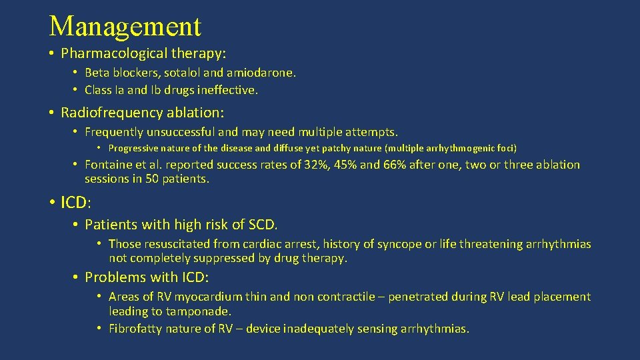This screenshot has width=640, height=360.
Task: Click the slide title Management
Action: coord(125,27)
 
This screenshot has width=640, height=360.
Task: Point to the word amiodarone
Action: coord(261,73)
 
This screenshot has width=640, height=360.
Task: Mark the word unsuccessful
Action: coord(188,133)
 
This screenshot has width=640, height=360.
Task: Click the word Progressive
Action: coord(136,148)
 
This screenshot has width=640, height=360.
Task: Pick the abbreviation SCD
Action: coord(263,225)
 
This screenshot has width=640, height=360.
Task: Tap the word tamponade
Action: coord(198,311)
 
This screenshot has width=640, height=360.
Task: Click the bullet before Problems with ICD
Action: coord(77,277)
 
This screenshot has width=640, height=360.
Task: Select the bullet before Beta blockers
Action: coord(77,73)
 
